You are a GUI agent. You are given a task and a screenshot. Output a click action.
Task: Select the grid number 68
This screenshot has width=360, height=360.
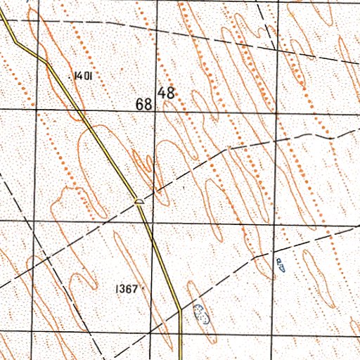(145, 104)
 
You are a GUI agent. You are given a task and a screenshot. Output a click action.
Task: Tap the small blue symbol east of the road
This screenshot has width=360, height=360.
(280, 264)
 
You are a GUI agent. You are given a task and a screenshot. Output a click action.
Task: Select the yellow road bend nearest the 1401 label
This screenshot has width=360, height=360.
(47, 63)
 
